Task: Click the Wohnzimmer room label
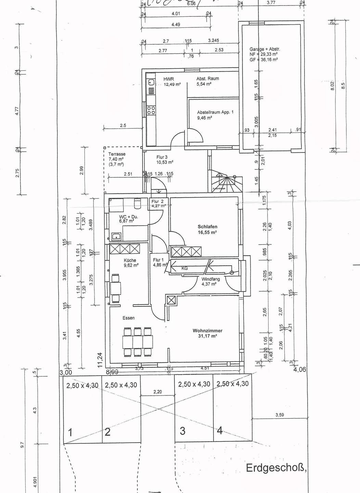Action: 207,331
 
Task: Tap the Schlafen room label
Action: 207,227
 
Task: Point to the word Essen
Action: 129,318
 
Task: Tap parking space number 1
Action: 70,433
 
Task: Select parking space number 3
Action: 183,431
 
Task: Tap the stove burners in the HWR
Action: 151,110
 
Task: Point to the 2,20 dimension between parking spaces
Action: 157,392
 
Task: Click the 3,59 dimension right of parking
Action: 280,415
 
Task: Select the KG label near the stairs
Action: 184,268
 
